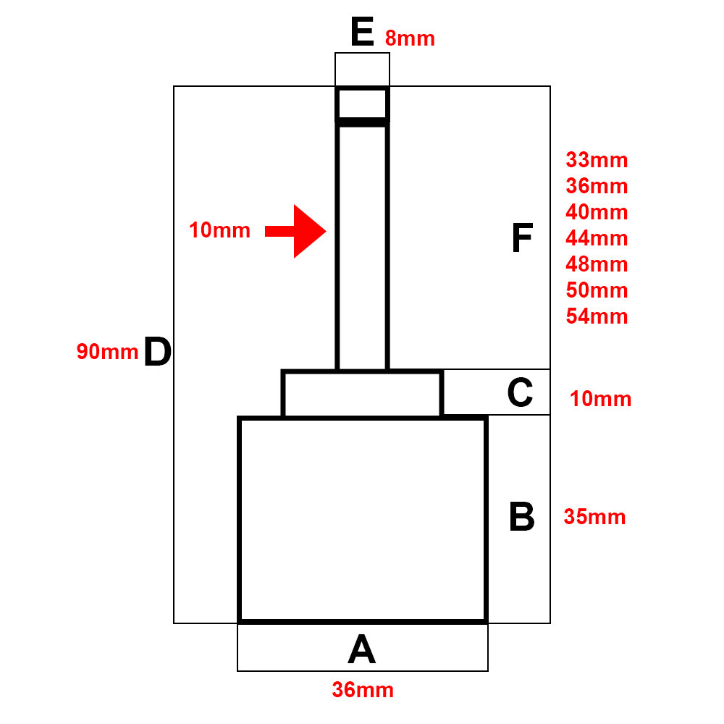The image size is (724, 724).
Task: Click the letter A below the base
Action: [x=362, y=649]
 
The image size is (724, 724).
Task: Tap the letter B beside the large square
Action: [x=521, y=518]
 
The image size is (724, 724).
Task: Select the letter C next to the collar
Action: [x=520, y=392]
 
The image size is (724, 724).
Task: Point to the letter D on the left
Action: [x=157, y=353]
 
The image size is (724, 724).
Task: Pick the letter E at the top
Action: [x=362, y=33]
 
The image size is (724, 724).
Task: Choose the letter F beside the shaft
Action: [x=521, y=239]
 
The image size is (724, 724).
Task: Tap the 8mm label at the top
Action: [x=410, y=38]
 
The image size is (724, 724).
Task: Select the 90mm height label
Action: [x=107, y=352]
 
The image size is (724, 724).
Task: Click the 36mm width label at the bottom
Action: [x=363, y=690]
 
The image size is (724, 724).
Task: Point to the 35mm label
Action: [x=594, y=518]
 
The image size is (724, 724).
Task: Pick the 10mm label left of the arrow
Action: [x=219, y=231]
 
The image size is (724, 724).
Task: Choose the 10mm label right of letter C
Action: [x=600, y=399]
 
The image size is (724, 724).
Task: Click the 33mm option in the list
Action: [x=597, y=160]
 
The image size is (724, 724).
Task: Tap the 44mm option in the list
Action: [x=597, y=238]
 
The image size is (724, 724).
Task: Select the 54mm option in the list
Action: [x=597, y=316]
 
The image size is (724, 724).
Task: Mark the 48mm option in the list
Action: [x=597, y=264]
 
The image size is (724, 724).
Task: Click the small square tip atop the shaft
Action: [x=362, y=104]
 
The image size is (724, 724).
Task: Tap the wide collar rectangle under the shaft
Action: [x=362, y=394]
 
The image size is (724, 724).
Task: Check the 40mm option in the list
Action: [x=597, y=212]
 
